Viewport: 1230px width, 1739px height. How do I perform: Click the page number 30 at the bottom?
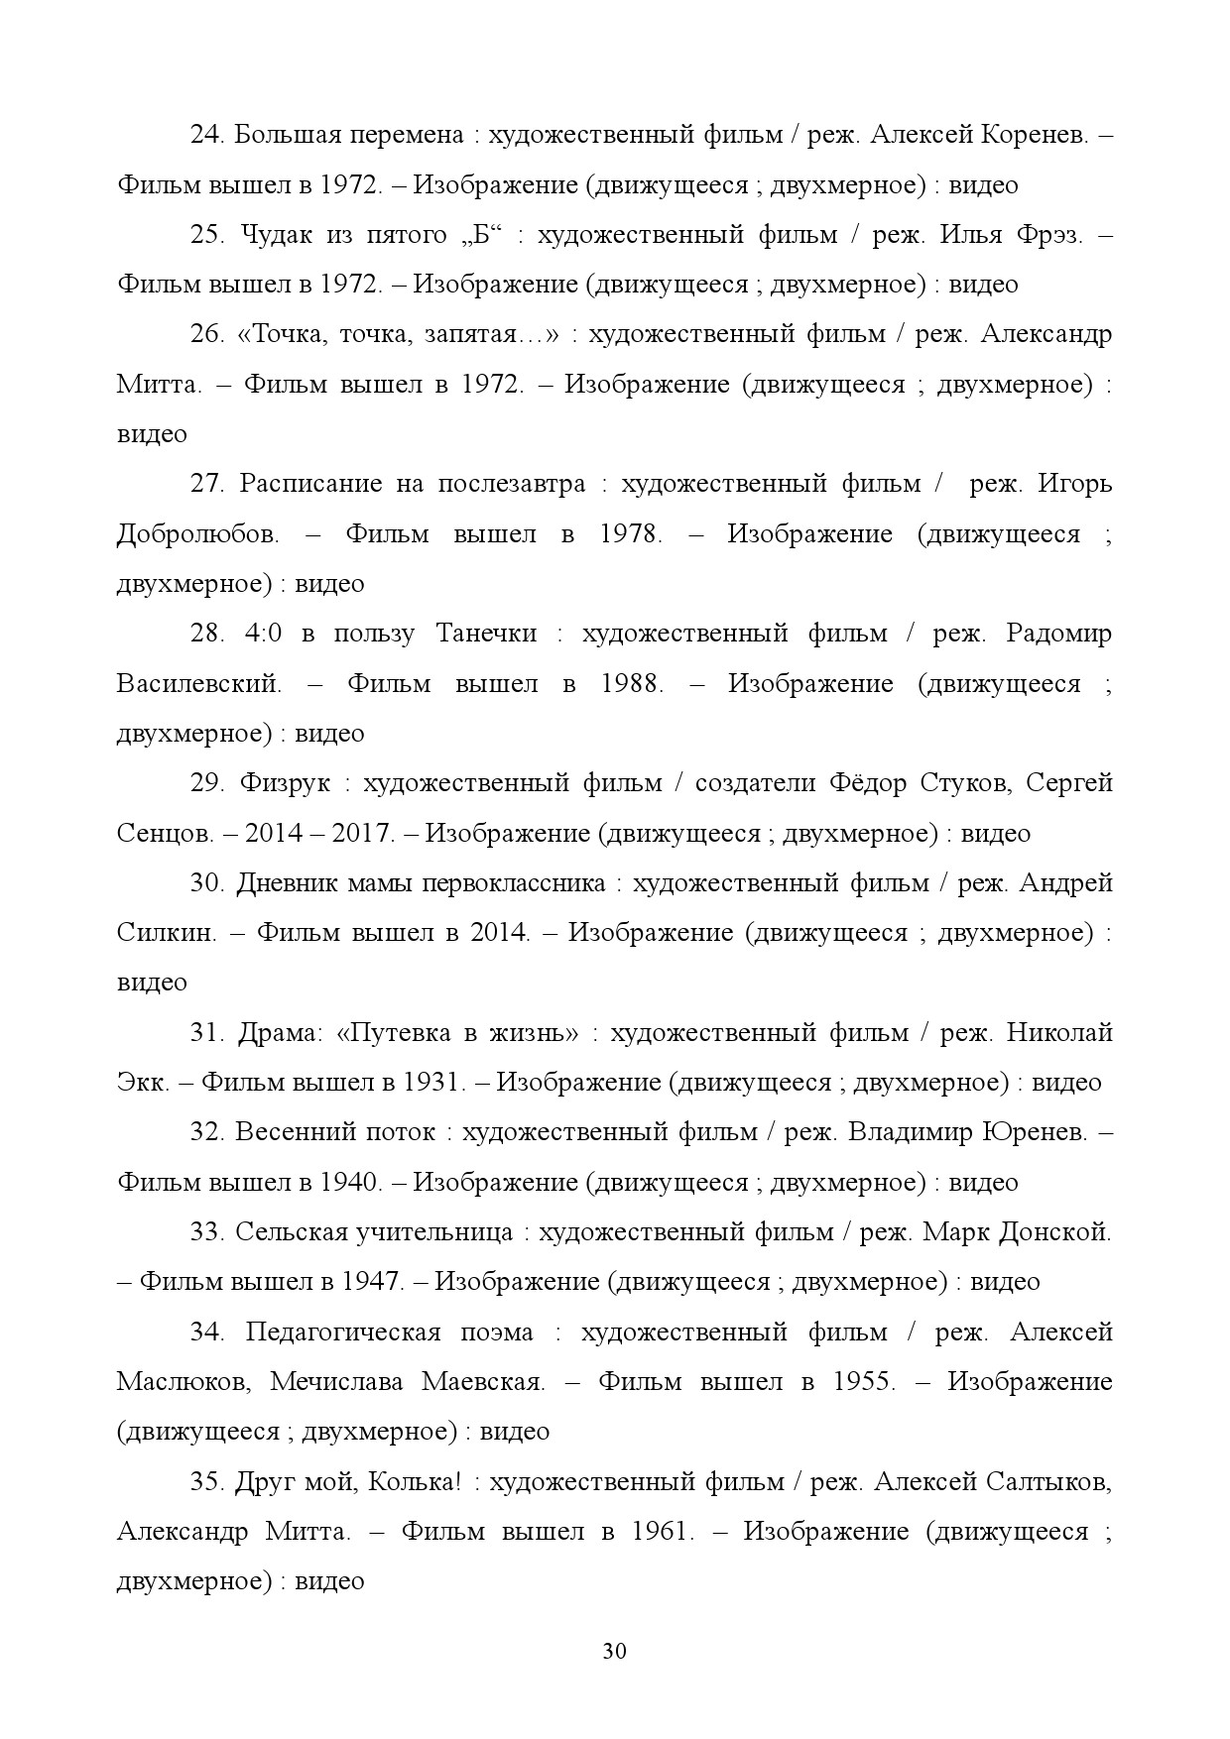point(614,1651)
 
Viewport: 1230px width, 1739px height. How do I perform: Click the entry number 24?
point(208,135)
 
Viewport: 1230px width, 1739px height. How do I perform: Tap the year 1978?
point(631,533)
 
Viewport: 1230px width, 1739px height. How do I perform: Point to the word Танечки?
point(486,634)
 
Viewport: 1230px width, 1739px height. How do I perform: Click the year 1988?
point(632,683)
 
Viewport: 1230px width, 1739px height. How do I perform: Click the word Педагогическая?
point(342,1332)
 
